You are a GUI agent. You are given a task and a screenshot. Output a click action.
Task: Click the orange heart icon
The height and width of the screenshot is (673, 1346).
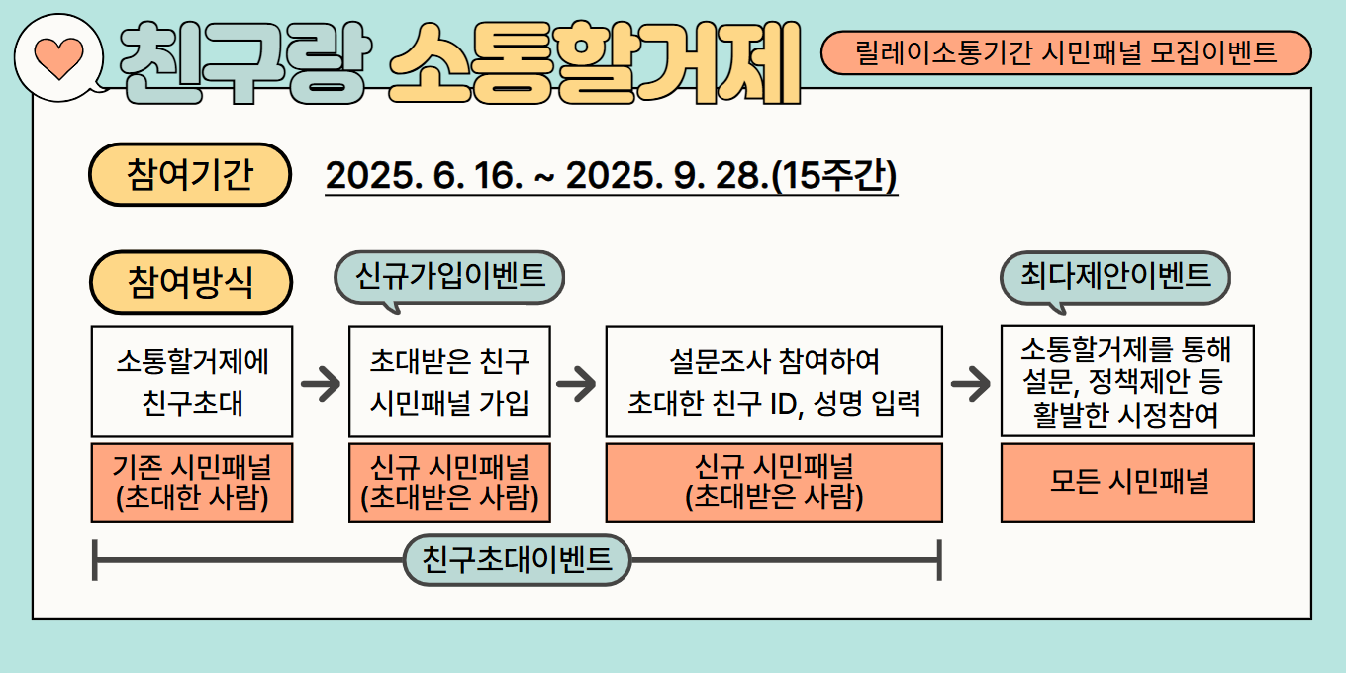point(59,57)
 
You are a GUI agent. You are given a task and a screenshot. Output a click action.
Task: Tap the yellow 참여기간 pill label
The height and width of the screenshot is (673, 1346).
point(190,175)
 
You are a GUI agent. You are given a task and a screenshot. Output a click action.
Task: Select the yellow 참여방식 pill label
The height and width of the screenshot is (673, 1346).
point(190,282)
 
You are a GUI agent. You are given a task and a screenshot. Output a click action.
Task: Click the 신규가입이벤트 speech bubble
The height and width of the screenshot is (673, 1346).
point(449,277)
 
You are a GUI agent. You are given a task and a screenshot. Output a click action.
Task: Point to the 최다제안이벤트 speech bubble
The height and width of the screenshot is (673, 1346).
point(1115,277)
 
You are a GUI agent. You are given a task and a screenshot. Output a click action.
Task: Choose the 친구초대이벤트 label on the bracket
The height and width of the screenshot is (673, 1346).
point(517,560)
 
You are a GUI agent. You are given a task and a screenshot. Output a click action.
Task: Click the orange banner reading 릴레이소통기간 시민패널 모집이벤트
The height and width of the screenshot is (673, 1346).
point(1066,52)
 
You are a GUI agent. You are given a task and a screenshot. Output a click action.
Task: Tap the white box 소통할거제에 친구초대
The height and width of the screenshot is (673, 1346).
point(192,382)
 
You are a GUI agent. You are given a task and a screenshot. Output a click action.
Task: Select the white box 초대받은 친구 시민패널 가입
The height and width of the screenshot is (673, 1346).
point(449,382)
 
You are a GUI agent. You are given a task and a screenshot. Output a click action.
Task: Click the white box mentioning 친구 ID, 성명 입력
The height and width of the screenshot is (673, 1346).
point(774,382)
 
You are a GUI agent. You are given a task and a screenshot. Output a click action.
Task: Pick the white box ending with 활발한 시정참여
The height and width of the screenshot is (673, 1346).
point(1127,381)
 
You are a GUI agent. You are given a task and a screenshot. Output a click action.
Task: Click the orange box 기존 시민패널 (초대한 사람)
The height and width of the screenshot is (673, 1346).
point(192,483)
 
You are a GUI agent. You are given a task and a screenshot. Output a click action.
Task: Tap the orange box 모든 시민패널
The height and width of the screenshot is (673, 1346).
point(1127,483)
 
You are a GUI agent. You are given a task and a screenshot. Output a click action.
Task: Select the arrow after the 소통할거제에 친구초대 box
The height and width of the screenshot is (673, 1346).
point(321,383)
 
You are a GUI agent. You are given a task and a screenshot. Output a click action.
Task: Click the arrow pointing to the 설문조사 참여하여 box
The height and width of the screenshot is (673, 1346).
point(576,383)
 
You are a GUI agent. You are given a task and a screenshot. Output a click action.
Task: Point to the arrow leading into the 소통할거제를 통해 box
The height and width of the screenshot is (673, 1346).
point(971,383)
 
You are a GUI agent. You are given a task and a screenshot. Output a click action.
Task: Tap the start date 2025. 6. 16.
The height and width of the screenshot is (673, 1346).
point(425,176)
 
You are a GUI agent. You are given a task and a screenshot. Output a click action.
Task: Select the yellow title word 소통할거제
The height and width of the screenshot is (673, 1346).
point(595,62)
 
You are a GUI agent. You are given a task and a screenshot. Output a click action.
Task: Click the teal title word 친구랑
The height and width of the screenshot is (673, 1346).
point(245,62)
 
